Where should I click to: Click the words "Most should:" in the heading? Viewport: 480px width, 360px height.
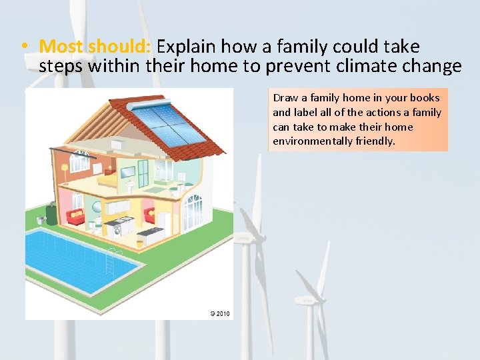[x=96, y=47]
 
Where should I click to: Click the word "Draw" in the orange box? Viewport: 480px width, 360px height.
[x=284, y=97]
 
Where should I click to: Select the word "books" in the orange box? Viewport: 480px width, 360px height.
[x=425, y=97]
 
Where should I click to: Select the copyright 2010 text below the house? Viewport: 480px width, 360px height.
[x=219, y=313]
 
